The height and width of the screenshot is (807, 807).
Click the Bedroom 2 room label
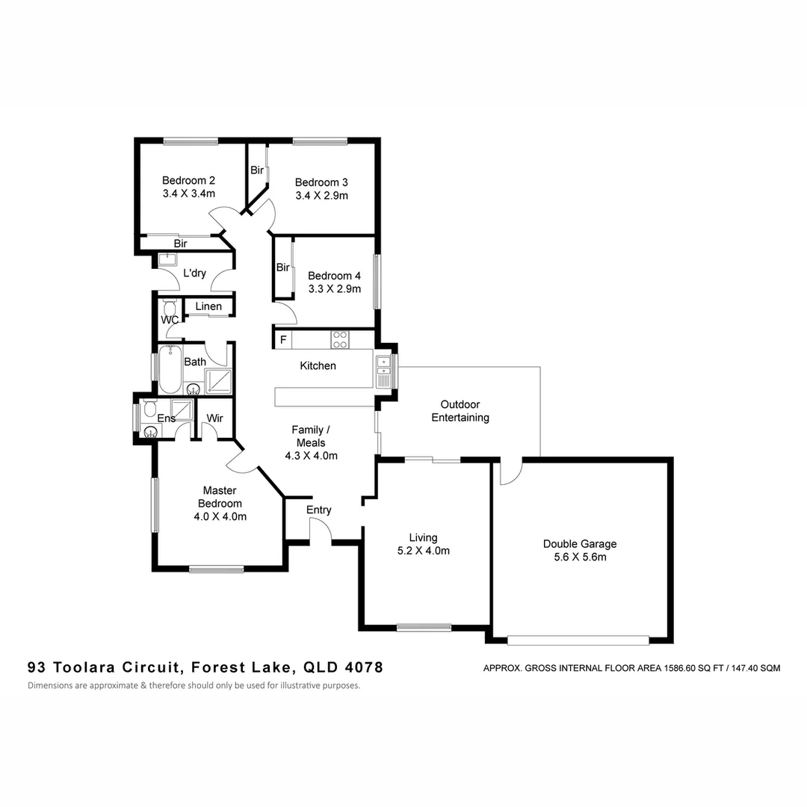(x=189, y=180)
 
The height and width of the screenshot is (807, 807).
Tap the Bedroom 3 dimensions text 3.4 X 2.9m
(x=321, y=196)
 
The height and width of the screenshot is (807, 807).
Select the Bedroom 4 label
(x=334, y=275)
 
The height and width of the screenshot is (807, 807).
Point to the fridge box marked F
(x=283, y=340)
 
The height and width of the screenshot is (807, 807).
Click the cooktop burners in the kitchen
(x=340, y=340)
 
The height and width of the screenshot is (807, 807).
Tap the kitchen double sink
(x=384, y=370)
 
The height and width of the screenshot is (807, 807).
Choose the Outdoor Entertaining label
(x=460, y=411)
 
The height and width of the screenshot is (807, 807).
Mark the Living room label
(x=423, y=537)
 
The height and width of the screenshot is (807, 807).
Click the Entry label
(x=319, y=510)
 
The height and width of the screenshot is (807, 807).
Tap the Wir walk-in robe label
(x=215, y=418)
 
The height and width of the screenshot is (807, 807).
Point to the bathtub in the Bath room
(x=170, y=369)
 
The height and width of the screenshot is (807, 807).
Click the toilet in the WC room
(x=170, y=308)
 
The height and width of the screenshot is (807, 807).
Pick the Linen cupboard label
(x=208, y=306)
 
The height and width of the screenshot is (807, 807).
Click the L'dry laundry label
(x=194, y=273)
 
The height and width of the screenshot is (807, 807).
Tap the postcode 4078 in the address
(x=364, y=667)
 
